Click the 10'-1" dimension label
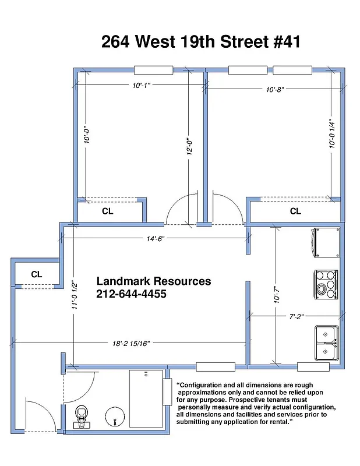pyautogui.click(x=142, y=86)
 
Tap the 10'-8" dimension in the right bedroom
pyautogui.click(x=274, y=90)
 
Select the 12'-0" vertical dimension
pyautogui.click(x=189, y=146)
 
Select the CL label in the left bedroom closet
pyautogui.click(x=108, y=211)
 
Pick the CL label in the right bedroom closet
pyautogui.click(x=295, y=211)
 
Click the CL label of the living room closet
pyautogui.click(x=36, y=274)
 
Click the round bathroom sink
pyautogui.click(x=115, y=418)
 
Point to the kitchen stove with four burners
pyautogui.click(x=326, y=283)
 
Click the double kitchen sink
pyautogui.click(x=326, y=343)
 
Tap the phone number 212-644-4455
pyautogui.click(x=132, y=295)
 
